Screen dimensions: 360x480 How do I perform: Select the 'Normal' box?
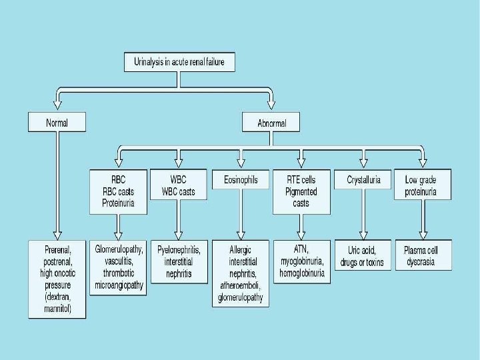click(57, 122)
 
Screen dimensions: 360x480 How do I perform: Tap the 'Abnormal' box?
click(271, 122)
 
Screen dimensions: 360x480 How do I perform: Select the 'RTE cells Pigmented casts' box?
click(301, 191)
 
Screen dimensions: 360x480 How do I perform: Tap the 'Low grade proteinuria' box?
click(422, 186)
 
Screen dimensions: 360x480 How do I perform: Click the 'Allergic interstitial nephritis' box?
click(241, 272)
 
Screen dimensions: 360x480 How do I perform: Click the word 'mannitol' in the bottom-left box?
click(57, 309)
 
